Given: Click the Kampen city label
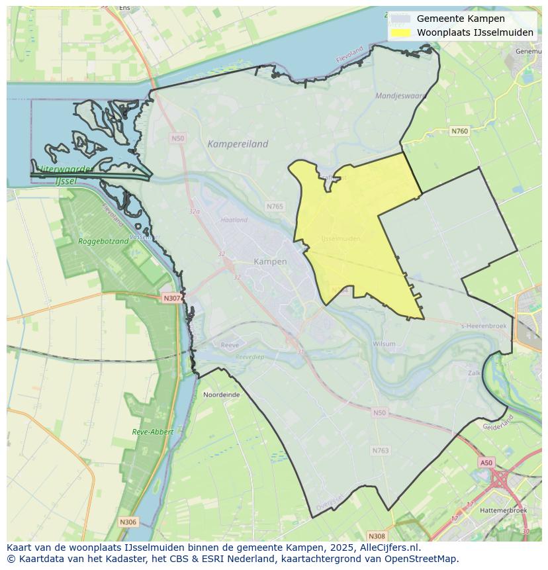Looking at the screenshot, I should (270, 261).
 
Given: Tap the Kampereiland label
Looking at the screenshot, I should (238, 144).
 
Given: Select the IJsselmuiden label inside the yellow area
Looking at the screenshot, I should (340, 238).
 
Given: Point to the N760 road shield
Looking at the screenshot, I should (459, 131).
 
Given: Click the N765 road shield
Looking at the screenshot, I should (275, 207).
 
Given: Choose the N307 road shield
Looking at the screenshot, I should (171, 298).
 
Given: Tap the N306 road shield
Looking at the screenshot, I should (128, 522).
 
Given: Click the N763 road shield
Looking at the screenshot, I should (381, 450).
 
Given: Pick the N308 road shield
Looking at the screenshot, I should (377, 536).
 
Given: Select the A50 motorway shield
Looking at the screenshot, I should (486, 463).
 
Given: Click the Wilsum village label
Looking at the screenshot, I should (384, 344).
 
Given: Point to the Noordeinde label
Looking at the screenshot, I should (222, 394).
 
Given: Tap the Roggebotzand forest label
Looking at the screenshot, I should (103, 241).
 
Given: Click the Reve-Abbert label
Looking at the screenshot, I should (152, 432).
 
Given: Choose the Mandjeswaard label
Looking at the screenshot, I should (400, 96).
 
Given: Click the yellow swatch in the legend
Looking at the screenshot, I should (400, 32).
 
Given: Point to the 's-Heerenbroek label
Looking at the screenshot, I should (483, 326).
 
